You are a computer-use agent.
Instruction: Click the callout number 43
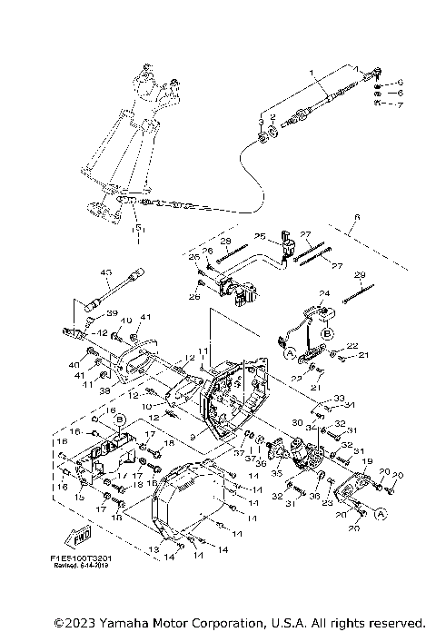[x=104, y=272]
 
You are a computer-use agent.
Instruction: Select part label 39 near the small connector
[x=114, y=312]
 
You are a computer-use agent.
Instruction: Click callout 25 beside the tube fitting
[x=259, y=236]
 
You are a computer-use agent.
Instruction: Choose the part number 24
[x=322, y=293]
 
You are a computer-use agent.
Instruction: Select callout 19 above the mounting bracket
[x=367, y=462]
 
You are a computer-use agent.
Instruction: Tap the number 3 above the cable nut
[x=261, y=122]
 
